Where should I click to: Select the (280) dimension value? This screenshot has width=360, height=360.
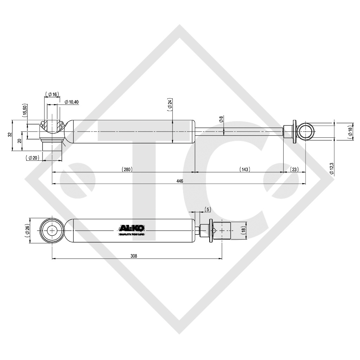pos(127,169)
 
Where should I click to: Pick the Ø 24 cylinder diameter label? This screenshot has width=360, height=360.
pos(170,104)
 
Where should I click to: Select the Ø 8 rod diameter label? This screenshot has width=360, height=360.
pos(221,120)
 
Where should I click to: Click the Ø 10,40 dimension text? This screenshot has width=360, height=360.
pos(72,102)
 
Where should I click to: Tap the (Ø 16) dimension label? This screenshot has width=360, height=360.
pos(52,94)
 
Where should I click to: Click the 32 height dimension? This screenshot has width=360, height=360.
pos(9,135)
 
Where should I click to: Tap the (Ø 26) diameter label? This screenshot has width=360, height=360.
pos(27,231)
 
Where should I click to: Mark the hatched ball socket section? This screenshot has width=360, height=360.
pos(52,128)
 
